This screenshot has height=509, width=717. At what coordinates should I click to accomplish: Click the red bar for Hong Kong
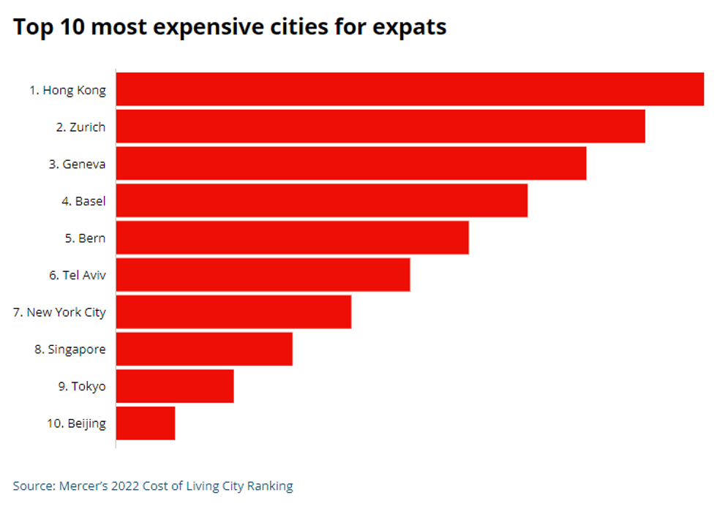click(x=410, y=89)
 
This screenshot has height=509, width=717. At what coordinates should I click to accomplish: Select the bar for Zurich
click(x=380, y=127)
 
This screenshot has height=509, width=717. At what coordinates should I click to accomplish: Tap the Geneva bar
click(x=351, y=164)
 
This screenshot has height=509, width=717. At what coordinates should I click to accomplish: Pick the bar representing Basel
click(x=322, y=200)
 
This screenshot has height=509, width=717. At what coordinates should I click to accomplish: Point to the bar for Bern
click(x=293, y=238)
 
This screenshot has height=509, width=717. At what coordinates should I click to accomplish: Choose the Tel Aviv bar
click(x=263, y=275)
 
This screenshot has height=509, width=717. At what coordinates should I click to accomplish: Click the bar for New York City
click(x=234, y=312)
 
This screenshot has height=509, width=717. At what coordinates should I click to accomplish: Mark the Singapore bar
click(x=205, y=349)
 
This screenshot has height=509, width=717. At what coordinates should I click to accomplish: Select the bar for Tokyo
click(x=176, y=386)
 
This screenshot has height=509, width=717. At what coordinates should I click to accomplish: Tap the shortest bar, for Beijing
click(x=146, y=423)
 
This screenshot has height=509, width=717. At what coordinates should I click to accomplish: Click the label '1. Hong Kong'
click(x=67, y=91)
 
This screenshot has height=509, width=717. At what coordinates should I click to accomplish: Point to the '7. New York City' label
click(x=59, y=312)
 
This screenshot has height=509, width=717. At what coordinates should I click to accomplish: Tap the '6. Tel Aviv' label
click(x=78, y=275)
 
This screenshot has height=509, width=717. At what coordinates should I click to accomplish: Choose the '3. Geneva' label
click(x=78, y=164)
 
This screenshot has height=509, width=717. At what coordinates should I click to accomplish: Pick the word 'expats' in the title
click(x=408, y=28)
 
